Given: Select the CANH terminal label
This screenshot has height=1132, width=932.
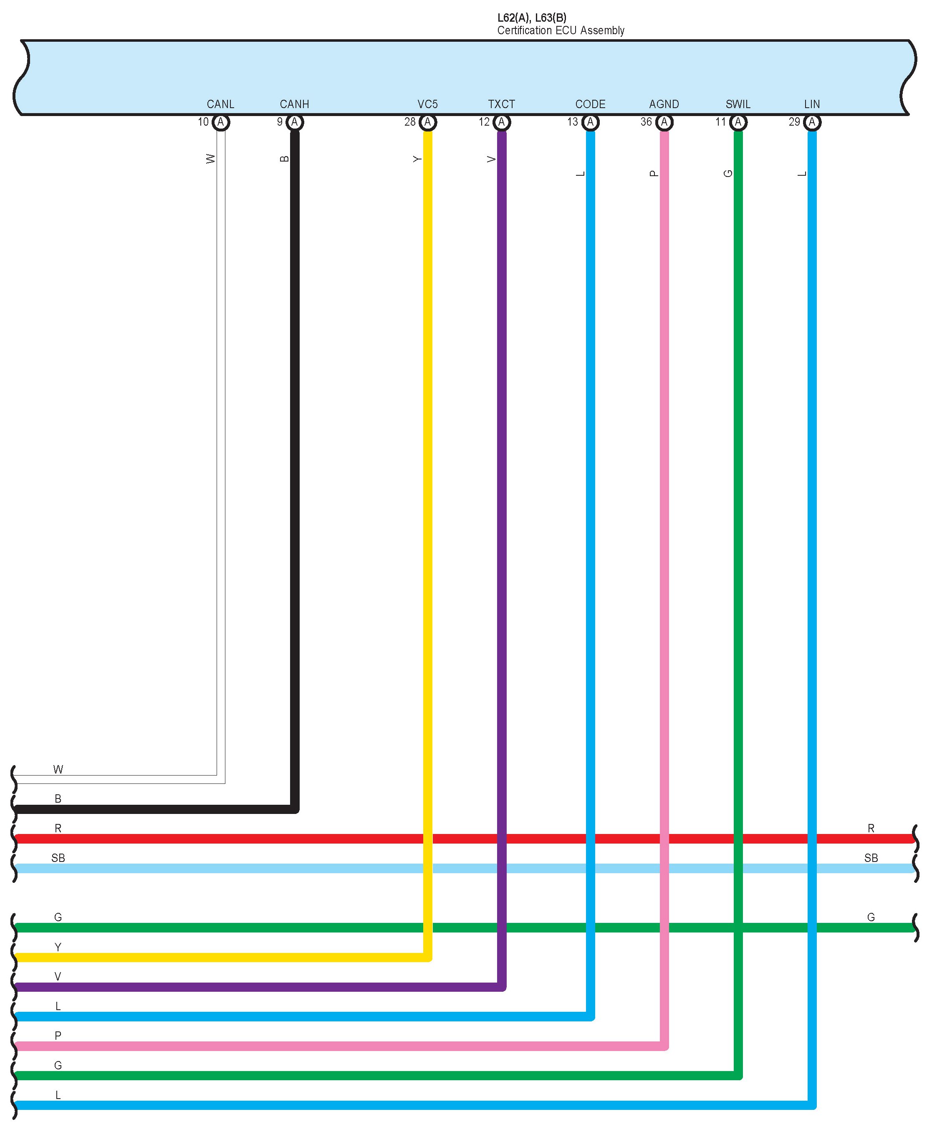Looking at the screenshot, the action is click(294, 104).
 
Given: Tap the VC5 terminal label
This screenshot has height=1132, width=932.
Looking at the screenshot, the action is click(427, 104).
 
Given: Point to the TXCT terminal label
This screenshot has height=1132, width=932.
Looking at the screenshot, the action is click(501, 104).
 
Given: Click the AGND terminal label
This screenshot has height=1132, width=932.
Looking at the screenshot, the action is click(664, 104).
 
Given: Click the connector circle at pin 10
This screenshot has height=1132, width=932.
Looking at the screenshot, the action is click(221, 122).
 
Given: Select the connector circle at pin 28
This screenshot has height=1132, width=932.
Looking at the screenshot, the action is click(427, 122).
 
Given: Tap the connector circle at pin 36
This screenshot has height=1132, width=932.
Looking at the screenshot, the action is click(664, 122).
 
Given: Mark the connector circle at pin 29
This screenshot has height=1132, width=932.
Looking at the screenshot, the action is click(812, 122).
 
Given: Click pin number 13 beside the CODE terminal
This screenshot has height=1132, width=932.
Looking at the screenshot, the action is click(572, 122).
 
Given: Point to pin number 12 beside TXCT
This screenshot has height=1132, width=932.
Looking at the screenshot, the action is click(484, 122).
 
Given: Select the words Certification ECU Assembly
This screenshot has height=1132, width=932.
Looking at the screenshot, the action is click(561, 30).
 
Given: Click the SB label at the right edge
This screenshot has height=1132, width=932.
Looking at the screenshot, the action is click(871, 858).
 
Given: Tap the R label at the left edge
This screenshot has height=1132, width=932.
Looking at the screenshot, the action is click(58, 829).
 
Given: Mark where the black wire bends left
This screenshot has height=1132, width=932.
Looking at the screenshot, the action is click(294, 809).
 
